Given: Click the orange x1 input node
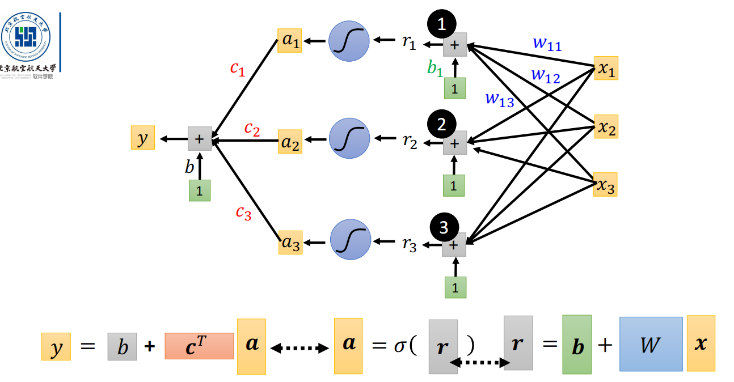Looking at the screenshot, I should point(606,68).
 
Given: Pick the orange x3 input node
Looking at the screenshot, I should point(605,185).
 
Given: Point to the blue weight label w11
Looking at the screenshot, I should point(547,44).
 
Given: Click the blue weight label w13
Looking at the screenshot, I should point(500,99).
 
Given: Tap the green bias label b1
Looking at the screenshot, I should point(435,69).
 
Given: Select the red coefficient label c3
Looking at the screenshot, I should point(243,213).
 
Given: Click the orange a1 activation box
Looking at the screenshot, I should point(289,41).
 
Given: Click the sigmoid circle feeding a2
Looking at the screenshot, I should point(349,138).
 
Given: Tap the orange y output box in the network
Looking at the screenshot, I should point(142,138).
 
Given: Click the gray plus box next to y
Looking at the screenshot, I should point(200,138).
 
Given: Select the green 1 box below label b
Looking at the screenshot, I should point(200,190).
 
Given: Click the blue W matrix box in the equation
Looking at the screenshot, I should point(650,344).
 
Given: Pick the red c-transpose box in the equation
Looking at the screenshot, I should point(199,346).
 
